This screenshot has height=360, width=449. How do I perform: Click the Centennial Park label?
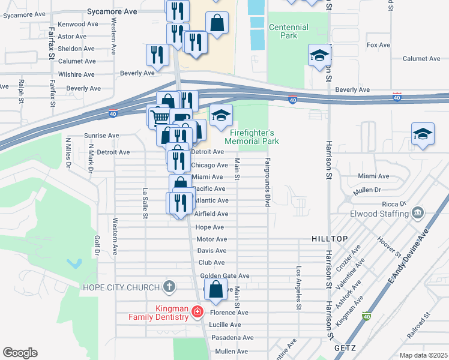(289, 31)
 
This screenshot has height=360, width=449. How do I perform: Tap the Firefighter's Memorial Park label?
(252, 137)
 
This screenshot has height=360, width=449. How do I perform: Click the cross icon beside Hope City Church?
(169, 287)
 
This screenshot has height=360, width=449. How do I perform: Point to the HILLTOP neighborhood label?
(330, 239)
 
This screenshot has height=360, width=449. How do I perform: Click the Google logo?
(20, 352)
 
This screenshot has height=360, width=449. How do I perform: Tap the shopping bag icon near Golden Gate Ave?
(217, 289)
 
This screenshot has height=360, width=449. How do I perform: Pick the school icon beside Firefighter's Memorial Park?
(221, 115)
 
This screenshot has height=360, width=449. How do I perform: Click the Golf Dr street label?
(96, 245)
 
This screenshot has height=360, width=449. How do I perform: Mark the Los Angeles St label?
(298, 288)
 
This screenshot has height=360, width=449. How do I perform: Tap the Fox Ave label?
(378, 45)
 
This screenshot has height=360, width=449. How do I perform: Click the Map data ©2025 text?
(423, 355)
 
